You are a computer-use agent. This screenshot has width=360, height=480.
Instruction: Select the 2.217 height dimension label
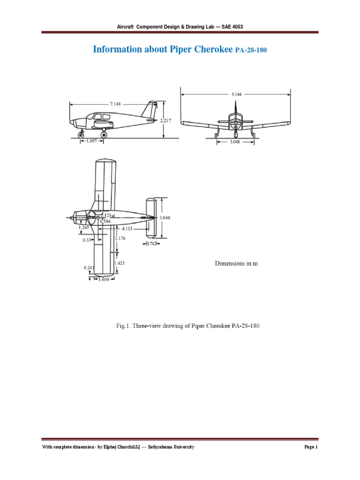tap(166, 120)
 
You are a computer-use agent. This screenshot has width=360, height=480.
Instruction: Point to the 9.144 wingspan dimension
tap(237, 94)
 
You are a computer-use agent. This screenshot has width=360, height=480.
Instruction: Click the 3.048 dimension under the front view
tap(236, 142)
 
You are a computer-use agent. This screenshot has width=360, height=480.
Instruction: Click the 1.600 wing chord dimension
tap(103, 279)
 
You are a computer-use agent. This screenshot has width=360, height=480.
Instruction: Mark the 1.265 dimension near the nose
tap(84, 227)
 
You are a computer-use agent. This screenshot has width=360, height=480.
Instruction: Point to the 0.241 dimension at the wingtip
tap(89, 268)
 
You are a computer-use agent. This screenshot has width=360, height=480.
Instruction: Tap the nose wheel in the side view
tap(82, 135)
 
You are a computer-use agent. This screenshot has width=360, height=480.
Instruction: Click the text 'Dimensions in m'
tap(236, 263)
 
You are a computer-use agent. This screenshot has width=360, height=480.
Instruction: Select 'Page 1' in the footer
tap(311, 447)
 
